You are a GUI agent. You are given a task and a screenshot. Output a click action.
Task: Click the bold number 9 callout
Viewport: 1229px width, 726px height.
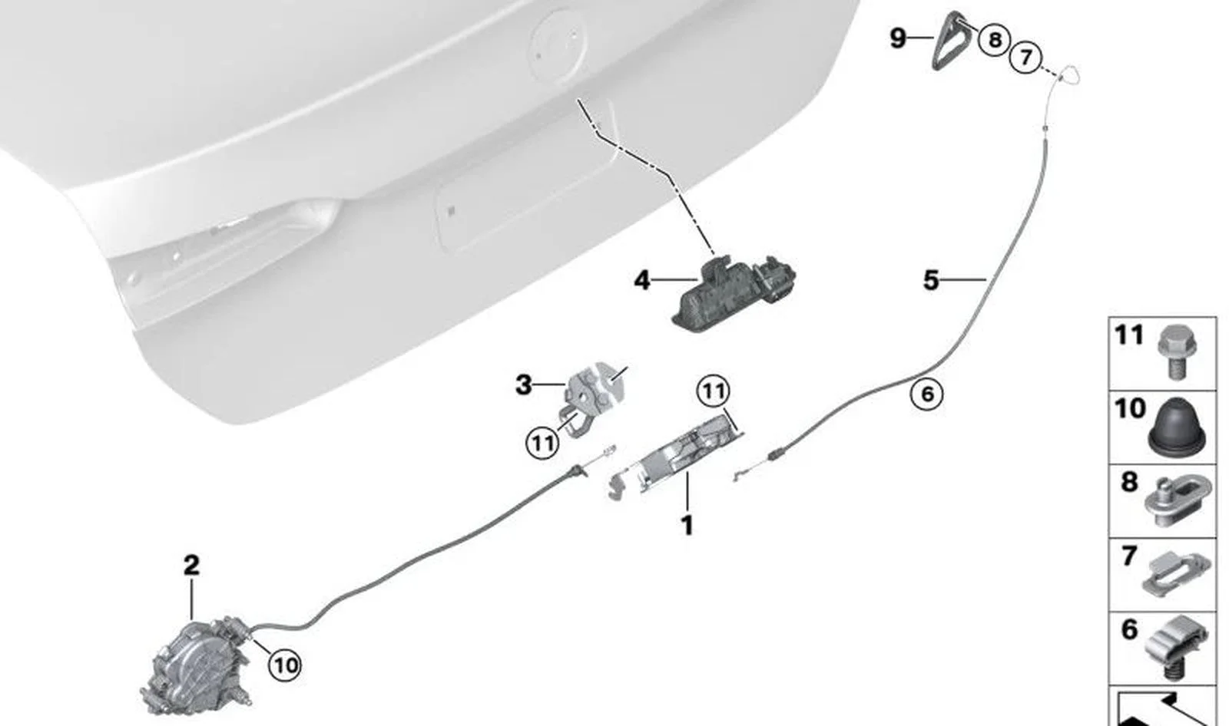[898, 38]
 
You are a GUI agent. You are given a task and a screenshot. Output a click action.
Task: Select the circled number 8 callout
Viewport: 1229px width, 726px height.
[994, 39]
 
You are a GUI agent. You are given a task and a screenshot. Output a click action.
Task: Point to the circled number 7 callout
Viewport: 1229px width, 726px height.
[1025, 57]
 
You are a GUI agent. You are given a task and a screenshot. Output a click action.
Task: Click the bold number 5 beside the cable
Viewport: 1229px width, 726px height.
[931, 280]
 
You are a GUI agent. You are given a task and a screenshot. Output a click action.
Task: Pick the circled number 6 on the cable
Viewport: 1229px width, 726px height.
[926, 394]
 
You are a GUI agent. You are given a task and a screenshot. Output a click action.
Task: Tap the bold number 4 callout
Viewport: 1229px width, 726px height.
[642, 281]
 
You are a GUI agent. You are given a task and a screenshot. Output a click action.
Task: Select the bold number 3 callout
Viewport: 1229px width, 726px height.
[523, 385]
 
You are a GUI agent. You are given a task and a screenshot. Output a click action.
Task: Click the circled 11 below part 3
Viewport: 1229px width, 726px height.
[542, 443]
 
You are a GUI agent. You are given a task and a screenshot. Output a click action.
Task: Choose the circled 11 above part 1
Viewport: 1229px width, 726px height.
[714, 391]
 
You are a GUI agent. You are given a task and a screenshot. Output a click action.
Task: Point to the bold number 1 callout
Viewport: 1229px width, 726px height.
[687, 525]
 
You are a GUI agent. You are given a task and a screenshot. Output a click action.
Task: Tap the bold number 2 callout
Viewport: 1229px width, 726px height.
[191, 566]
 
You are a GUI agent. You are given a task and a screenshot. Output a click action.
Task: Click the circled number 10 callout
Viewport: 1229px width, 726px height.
[285, 665]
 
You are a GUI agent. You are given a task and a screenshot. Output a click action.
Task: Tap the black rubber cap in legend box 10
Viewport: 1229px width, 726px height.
[1176, 427]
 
